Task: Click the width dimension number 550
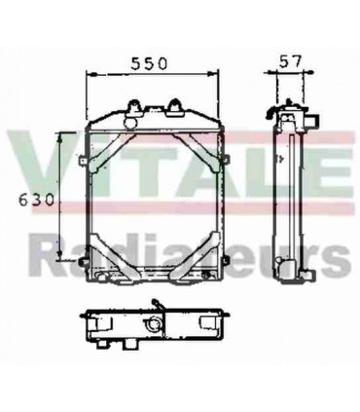click(150, 61)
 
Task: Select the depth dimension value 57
click(289, 61)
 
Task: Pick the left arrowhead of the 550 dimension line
click(90, 74)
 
